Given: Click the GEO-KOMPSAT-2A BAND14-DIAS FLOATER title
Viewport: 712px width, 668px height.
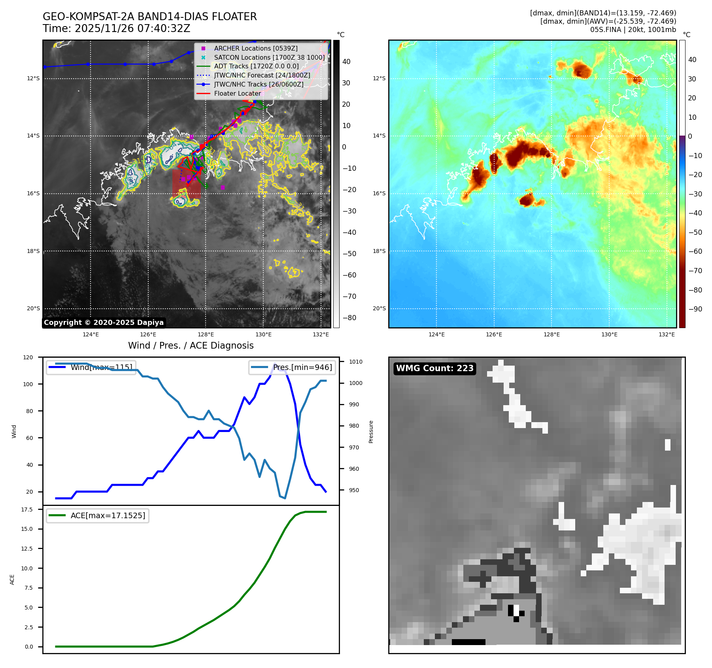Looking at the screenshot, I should click(149, 17).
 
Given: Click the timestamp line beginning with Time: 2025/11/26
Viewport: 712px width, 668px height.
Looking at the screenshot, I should click(116, 28).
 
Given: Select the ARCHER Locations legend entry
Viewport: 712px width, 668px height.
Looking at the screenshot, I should click(255, 48).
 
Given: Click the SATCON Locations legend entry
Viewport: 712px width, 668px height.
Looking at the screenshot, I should click(269, 57).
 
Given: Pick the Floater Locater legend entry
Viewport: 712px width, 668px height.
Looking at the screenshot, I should click(237, 94).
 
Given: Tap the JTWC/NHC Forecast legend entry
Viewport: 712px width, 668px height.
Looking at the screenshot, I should click(262, 75).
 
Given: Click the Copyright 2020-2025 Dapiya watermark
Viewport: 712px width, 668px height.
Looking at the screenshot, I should click(104, 323).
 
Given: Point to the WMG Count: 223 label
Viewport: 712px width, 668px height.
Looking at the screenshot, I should click(434, 368).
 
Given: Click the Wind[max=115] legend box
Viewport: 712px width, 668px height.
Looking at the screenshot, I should click(91, 367).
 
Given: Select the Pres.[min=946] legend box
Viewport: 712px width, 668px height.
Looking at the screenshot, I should click(293, 367).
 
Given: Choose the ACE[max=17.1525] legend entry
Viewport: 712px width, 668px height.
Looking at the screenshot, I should click(98, 515).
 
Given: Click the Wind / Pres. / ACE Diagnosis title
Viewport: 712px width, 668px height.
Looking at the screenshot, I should click(191, 345).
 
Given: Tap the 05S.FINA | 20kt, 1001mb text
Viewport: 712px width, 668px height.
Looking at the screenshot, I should click(633, 30).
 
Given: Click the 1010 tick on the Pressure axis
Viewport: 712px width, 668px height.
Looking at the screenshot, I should click(355, 362).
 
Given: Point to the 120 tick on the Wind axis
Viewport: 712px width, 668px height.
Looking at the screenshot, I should click(28, 357).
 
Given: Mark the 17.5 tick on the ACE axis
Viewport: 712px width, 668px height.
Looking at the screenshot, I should click(27, 509).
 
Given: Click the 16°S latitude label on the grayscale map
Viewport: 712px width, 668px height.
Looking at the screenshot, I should click(33, 193).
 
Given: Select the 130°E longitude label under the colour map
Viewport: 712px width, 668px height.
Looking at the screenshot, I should click(609, 334).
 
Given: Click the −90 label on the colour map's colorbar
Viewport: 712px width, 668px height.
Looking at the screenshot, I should click(695, 309).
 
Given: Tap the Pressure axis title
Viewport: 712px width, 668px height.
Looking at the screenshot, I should click(371, 432).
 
